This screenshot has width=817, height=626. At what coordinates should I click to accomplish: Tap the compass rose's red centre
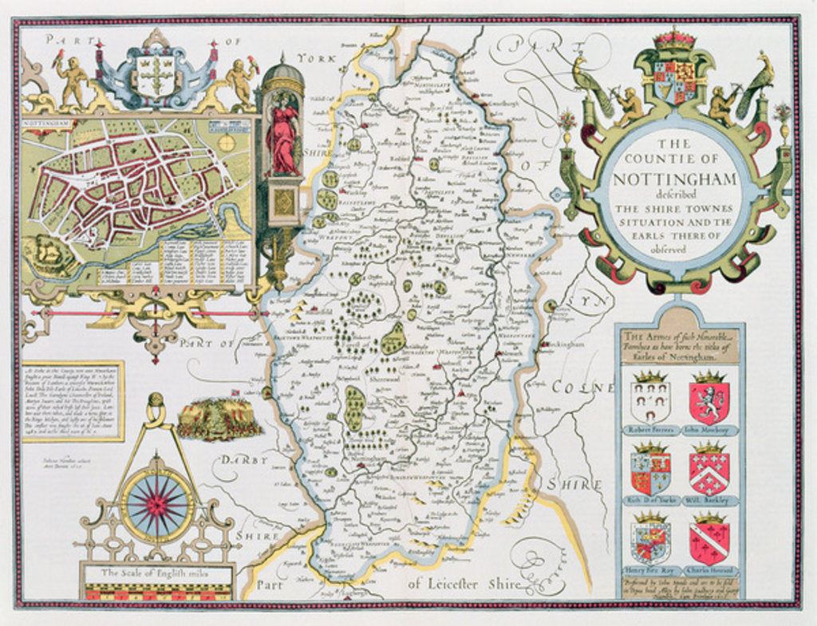156,505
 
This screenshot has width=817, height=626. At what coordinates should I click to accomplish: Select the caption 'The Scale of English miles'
156,573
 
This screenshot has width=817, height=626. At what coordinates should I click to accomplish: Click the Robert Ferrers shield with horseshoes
650,402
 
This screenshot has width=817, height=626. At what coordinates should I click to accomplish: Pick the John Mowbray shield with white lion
709,402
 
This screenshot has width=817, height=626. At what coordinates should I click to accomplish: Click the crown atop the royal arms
674,40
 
